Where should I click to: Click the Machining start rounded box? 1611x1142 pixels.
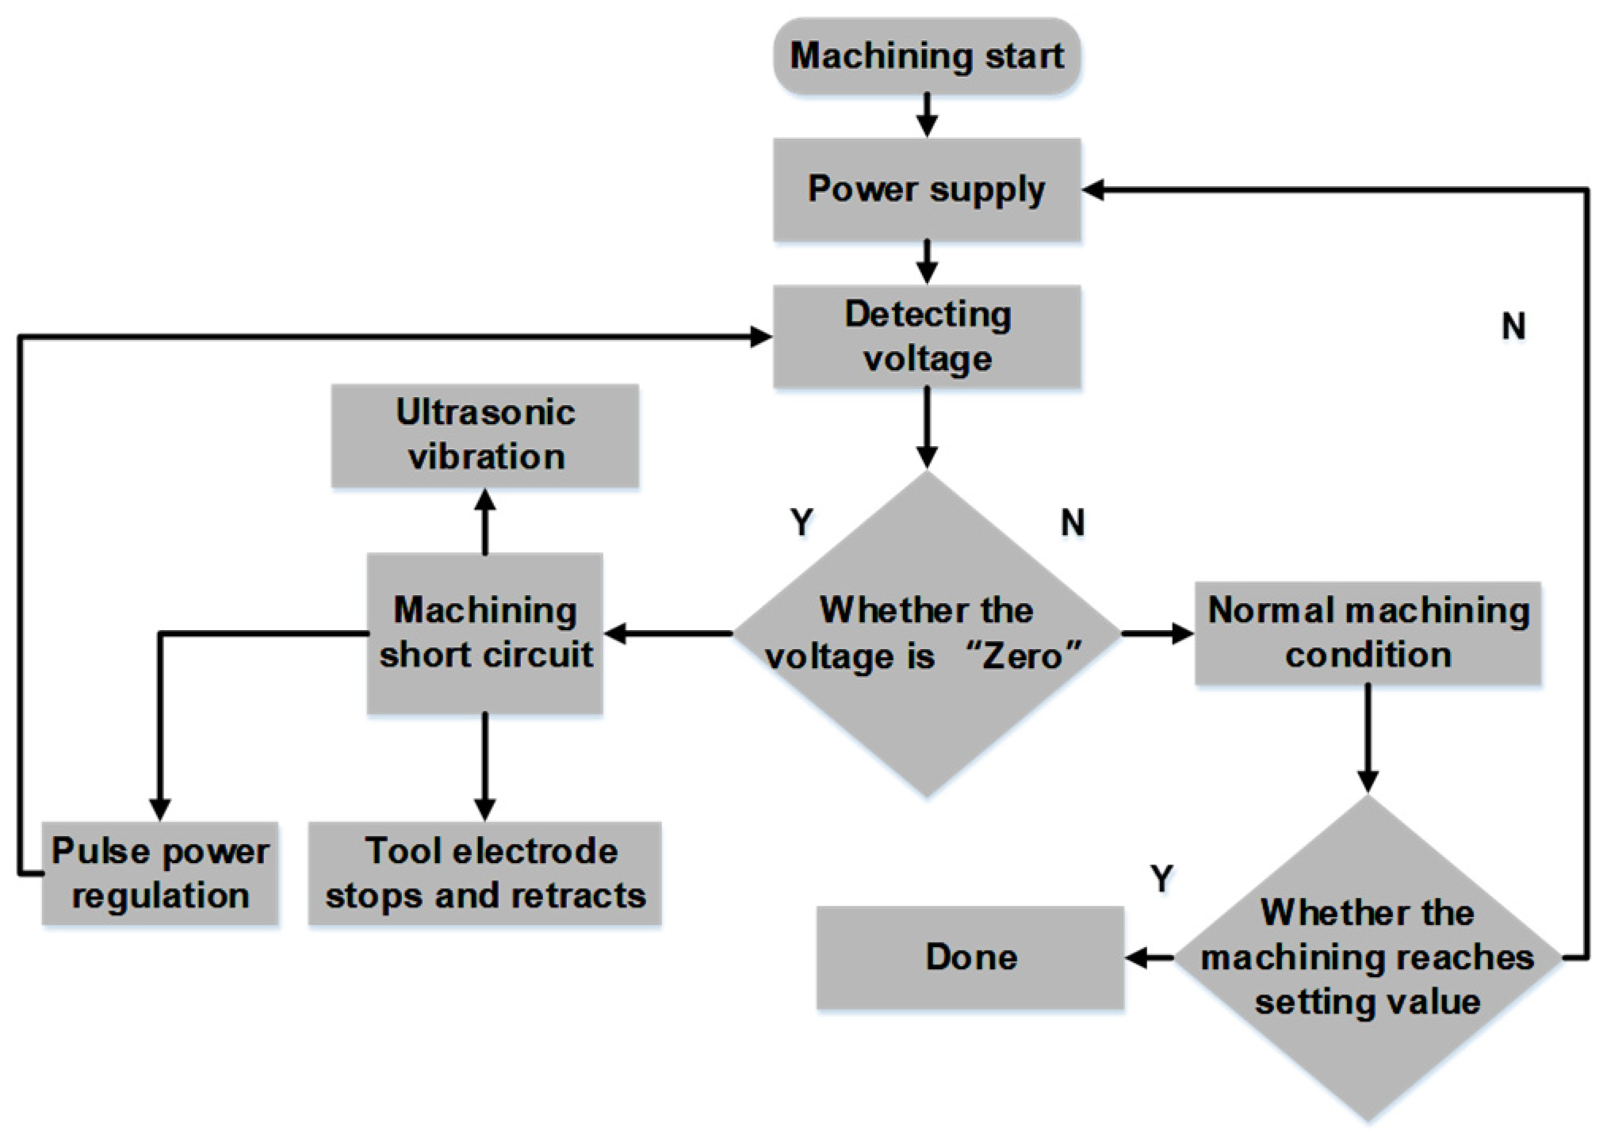click(926, 56)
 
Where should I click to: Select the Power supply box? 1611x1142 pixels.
click(926, 189)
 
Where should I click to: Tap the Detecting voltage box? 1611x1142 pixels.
click(926, 336)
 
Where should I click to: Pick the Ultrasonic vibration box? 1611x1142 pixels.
click(484, 435)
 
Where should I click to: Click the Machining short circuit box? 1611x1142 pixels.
click(484, 633)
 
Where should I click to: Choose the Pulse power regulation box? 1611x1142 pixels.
click(159, 873)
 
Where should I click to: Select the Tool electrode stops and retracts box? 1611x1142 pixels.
click(484, 873)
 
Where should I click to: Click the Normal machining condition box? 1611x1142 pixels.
click(1367, 632)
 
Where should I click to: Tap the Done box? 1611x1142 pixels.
click(970, 957)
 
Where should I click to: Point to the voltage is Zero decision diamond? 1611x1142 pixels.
click(926, 633)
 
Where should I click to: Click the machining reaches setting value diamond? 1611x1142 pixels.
click(1367, 957)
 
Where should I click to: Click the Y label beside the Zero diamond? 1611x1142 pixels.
click(802, 522)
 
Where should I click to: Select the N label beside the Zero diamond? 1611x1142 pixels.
click(1072, 522)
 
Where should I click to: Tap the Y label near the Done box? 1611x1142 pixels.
click(1161, 878)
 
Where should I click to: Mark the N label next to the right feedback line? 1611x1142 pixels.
click(1513, 326)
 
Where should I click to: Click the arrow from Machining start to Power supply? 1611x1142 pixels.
click(926, 116)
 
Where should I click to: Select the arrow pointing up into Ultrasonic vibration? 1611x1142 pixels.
click(484, 519)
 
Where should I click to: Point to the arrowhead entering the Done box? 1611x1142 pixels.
click(1138, 958)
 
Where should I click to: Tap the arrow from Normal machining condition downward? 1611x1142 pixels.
click(1367, 737)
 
